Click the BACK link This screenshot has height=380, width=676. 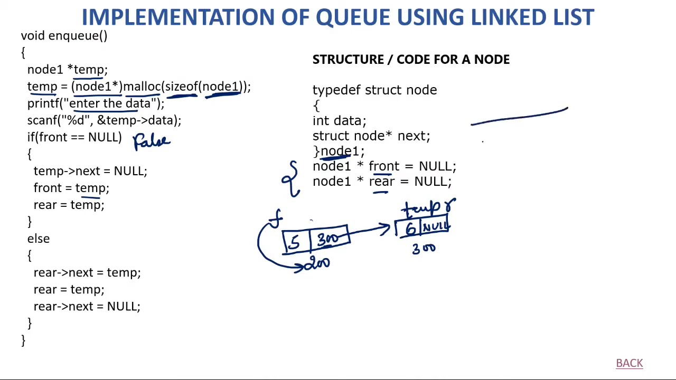[629, 363]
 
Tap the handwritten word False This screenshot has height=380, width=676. [152, 141]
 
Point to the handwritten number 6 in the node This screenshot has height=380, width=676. [410, 229]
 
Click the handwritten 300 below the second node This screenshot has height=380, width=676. [424, 249]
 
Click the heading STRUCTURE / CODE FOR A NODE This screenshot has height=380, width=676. [411, 60]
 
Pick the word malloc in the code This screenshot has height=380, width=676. [142, 87]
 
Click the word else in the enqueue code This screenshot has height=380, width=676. [39, 239]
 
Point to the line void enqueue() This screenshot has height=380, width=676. [64, 36]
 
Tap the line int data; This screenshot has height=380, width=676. [339, 121]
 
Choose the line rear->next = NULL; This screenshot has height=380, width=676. [87, 306]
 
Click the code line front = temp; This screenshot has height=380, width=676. [71, 188]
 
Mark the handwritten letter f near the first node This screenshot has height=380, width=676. [276, 218]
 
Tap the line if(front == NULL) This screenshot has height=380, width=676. [74, 137]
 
